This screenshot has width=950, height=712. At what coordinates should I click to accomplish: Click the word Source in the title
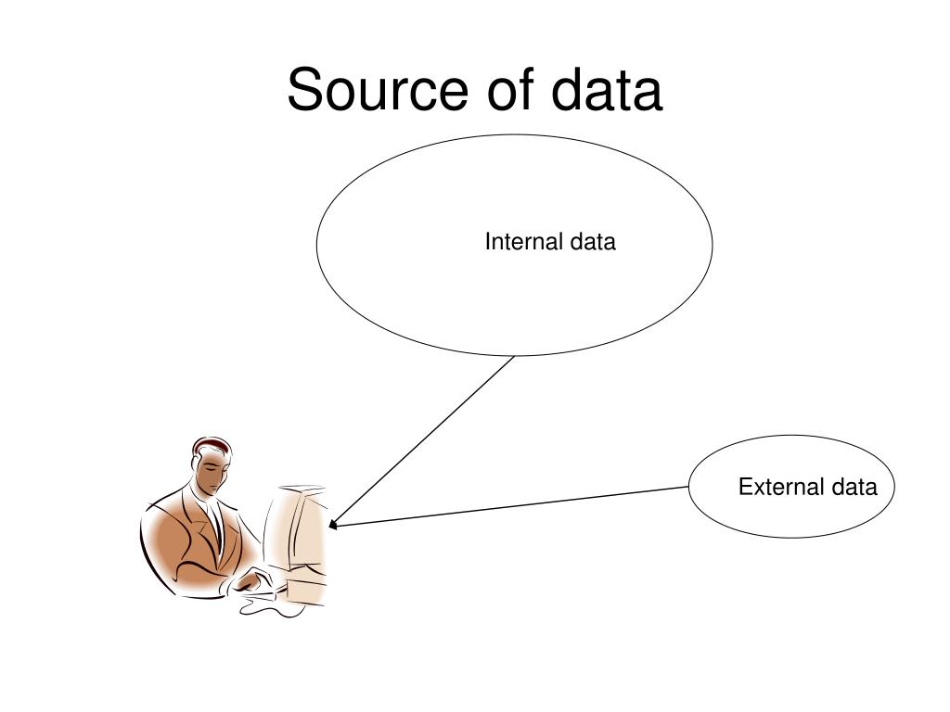pos(377,92)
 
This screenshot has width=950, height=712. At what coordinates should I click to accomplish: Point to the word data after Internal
pos(593,242)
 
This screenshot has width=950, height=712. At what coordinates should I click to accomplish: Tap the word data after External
pos(854,487)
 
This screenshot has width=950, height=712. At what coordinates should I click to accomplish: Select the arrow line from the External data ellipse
pos(510,506)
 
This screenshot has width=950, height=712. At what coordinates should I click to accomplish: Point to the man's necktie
pos(218,524)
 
